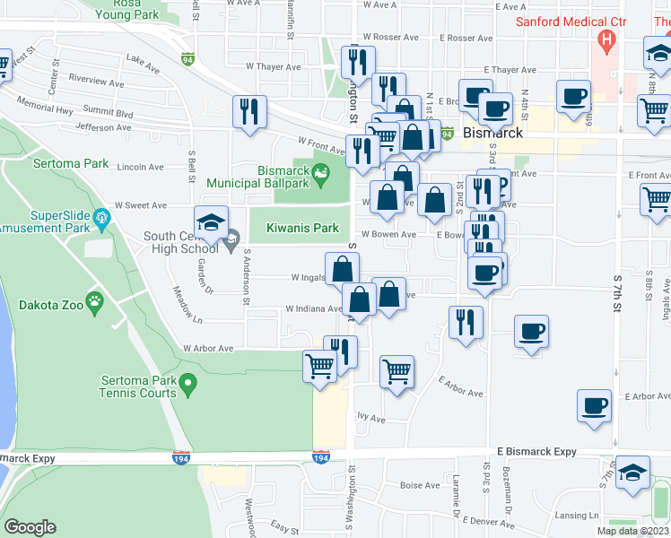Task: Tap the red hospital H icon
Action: pos(608,39)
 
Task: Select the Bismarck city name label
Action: pos(493,133)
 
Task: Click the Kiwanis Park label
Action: pos(302,229)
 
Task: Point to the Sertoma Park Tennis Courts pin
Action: pos(187,386)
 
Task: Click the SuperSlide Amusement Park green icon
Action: pos(101,216)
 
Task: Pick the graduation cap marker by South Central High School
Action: pos(212,221)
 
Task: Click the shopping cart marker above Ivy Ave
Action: pos(396,370)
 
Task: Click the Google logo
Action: pos(30,527)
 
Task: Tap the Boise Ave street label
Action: pos(420,486)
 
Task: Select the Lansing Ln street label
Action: pos(576,516)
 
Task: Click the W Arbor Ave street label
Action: pos(208,348)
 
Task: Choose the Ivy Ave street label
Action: pos(370,418)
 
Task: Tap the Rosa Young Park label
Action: pos(126,8)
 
